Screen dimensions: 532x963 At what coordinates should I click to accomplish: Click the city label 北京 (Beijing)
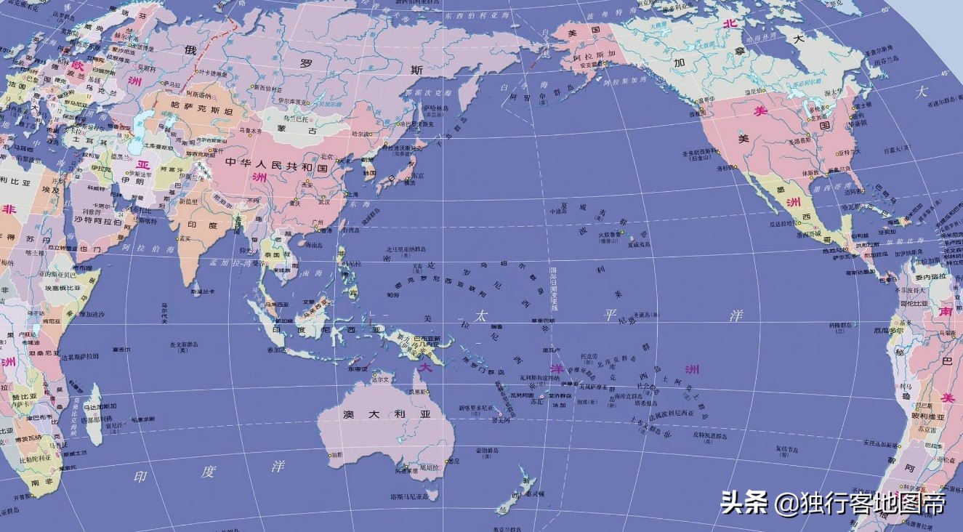(326, 156)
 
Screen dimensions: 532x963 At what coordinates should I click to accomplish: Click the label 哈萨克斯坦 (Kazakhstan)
(181, 105)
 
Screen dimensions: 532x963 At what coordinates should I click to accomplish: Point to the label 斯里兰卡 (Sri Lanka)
(201, 291)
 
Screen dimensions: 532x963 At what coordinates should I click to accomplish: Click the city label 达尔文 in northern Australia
(379, 379)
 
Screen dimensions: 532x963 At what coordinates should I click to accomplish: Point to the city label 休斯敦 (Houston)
(810, 174)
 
